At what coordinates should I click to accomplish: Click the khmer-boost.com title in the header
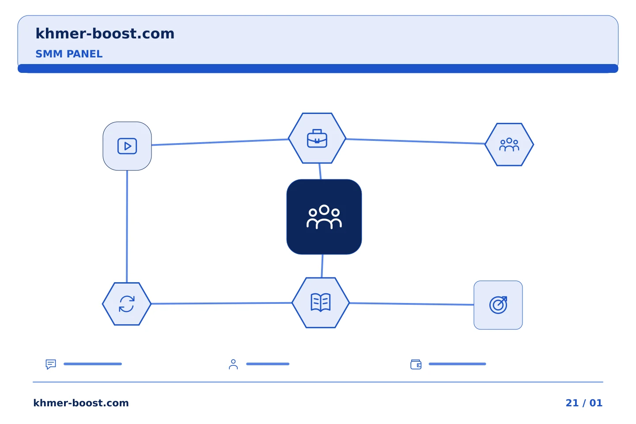[105, 34]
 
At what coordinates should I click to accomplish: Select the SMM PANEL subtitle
[69, 54]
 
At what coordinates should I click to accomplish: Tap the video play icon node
[127, 146]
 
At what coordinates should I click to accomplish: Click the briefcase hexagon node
[317, 138]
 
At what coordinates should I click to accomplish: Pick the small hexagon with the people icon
[509, 144]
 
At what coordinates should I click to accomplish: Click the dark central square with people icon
[324, 217]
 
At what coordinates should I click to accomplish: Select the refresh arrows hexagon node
[127, 304]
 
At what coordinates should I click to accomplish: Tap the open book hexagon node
[321, 303]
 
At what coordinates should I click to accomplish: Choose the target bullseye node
[498, 305]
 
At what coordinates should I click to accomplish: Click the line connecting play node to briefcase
[220, 142]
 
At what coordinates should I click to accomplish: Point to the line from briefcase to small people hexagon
[415, 141]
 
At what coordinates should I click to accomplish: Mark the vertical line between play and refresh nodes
[127, 226]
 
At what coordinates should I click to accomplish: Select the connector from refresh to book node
[222, 303]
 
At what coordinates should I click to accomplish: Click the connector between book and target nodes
[412, 304]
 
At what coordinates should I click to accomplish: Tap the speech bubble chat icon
[51, 364]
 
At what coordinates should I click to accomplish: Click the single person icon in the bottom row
[233, 364]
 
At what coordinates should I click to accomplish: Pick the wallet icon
[416, 364]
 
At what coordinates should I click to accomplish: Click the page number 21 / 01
[584, 403]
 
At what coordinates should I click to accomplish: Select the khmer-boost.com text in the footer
[81, 403]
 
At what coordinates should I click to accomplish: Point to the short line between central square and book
[322, 266]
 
